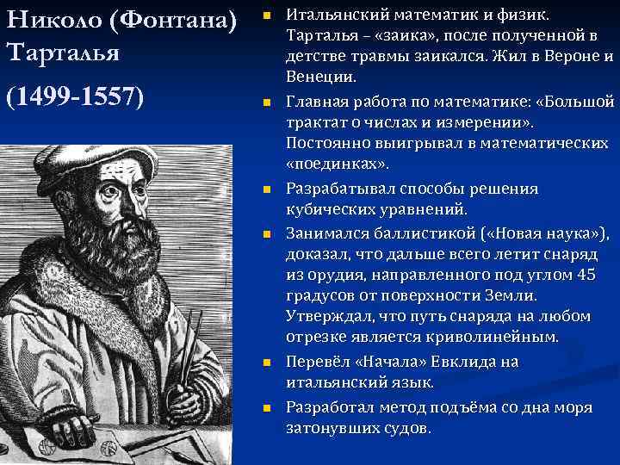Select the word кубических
pos(330,209)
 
